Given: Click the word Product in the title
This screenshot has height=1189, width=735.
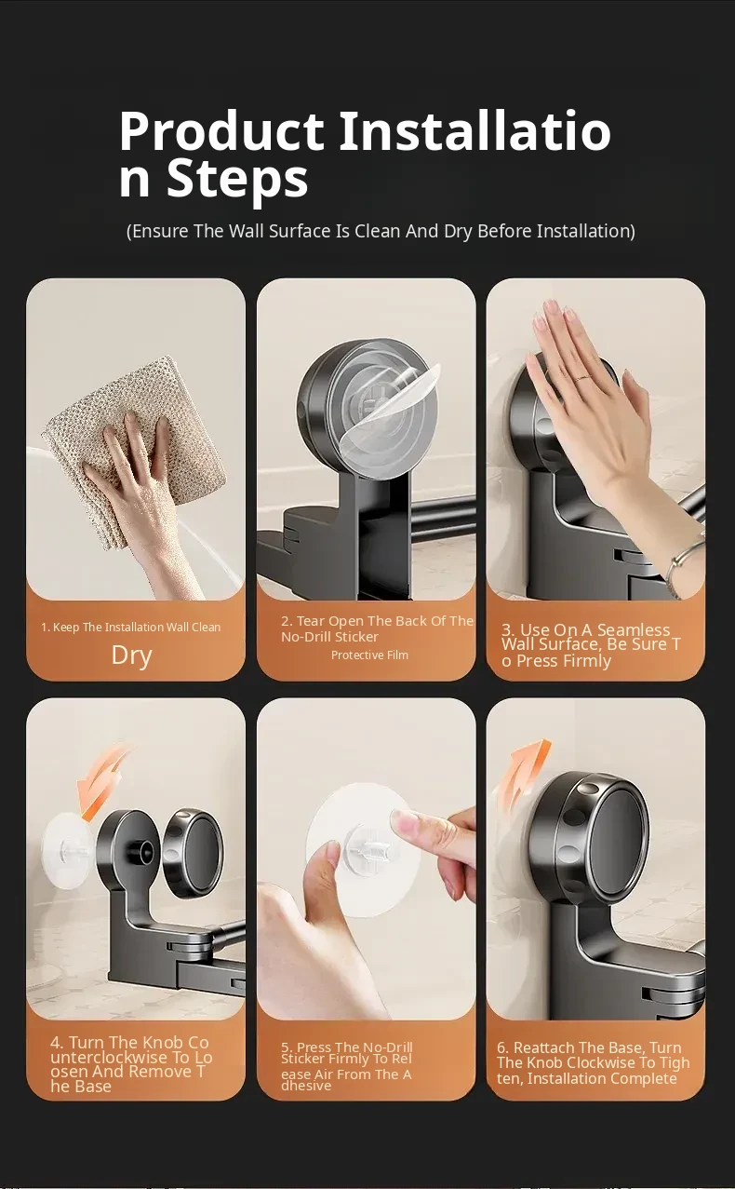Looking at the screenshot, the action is [x=221, y=130].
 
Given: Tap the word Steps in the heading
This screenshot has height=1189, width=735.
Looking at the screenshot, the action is [x=237, y=179].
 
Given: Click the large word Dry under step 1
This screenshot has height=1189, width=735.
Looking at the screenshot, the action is [x=131, y=656].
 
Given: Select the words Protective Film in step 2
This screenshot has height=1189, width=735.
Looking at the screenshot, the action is [x=369, y=655].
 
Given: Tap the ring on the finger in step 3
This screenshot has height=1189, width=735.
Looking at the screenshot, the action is [x=582, y=378].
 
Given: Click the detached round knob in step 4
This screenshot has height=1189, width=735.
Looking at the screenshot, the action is [x=193, y=854].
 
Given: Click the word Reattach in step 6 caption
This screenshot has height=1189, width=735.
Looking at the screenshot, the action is [x=544, y=1047].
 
